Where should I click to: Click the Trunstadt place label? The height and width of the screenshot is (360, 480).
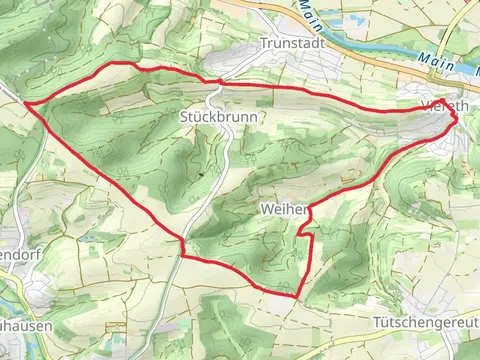tap(287, 43)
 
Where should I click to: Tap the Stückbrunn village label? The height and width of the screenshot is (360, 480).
tap(219, 117)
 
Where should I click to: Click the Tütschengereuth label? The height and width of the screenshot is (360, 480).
tap(426, 324)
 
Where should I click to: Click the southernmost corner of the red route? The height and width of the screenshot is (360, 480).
tap(298, 296)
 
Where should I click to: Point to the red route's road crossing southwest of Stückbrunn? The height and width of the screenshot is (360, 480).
tap(183, 243)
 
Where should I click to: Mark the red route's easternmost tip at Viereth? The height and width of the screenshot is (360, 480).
tap(458, 117)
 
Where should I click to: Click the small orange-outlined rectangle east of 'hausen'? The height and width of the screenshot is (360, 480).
tap(117, 327)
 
